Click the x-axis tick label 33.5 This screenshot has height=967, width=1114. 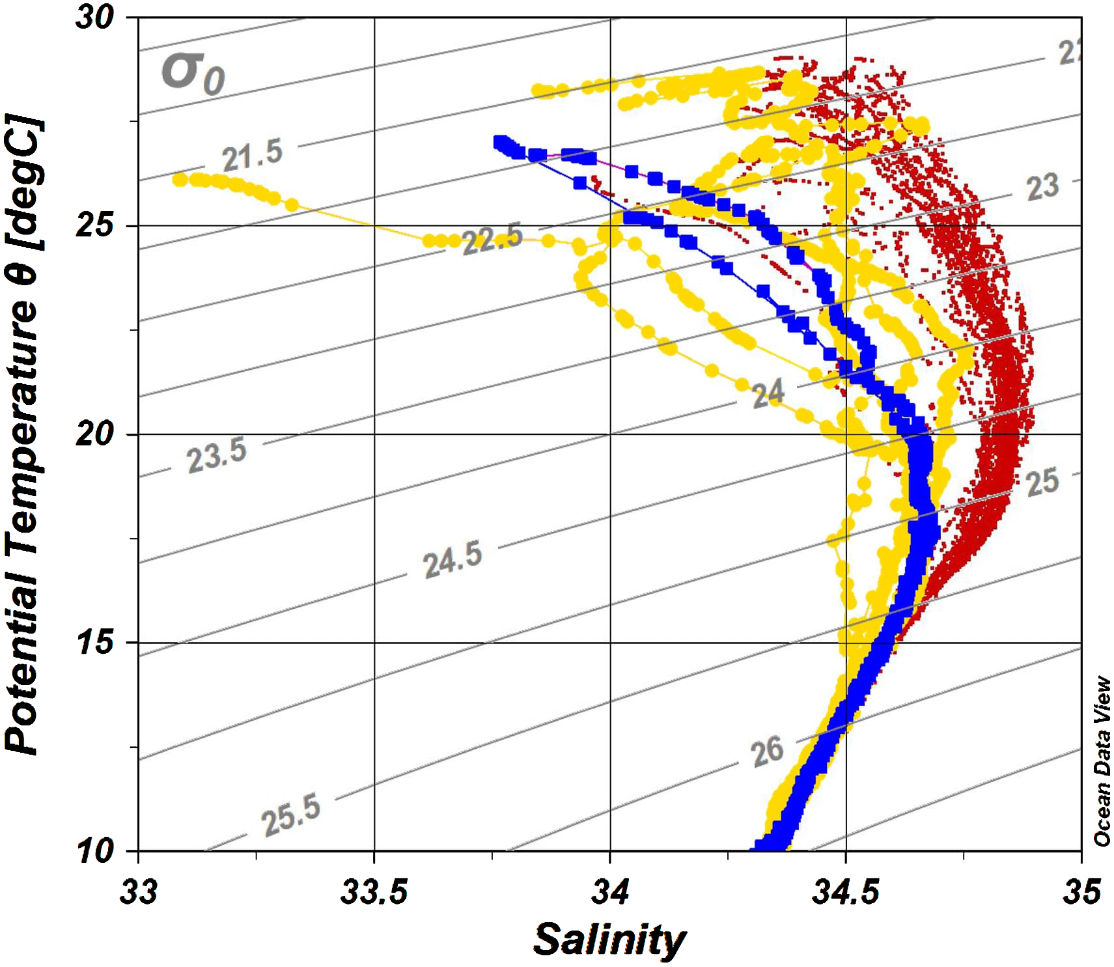pos(374,891)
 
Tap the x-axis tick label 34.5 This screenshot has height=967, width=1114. pos(845,891)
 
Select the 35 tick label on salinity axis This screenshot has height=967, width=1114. pos(1081,891)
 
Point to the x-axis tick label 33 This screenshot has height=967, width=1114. pos(138,891)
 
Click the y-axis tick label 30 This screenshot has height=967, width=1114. pos(95,17)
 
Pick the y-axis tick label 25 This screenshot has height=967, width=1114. pos(95,226)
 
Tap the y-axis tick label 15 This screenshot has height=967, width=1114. pos(95,643)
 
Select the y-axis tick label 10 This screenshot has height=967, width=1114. pos(95,850)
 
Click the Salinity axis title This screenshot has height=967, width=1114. pos(609,940)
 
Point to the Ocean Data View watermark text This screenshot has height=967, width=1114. pos(1102,761)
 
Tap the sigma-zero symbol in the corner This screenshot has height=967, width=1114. pos(193,72)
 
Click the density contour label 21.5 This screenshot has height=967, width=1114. pos(252,155)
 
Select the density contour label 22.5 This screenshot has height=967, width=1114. pos(492,238)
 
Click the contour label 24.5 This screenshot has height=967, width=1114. pos(453,559)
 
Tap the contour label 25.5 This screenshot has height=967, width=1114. pos(291,814)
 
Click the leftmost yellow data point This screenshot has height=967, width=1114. pos(179,179)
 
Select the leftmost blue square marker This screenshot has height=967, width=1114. pos(500,143)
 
